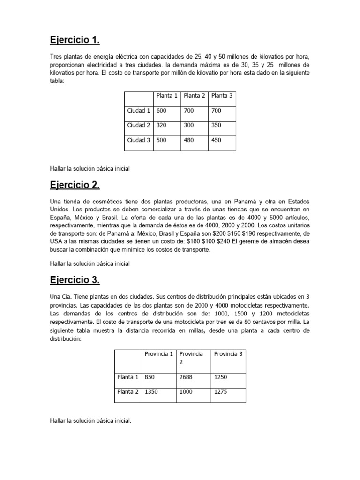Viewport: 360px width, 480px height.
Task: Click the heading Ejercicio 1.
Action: click(x=75, y=41)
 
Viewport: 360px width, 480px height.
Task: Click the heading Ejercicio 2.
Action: click(x=75, y=185)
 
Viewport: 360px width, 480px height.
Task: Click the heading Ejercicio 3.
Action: click(x=75, y=280)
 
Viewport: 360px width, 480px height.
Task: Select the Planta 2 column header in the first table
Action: click(x=195, y=96)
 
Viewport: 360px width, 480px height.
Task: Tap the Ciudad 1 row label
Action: click(x=139, y=111)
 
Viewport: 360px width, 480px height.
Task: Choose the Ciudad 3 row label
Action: click(x=139, y=140)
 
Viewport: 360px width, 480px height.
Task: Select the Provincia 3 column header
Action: click(x=228, y=354)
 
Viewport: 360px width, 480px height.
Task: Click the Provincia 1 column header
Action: click(x=159, y=354)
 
